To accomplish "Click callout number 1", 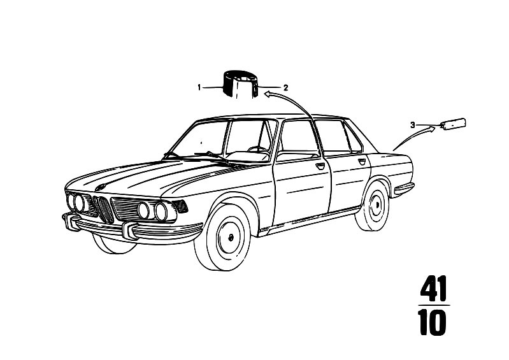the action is [199, 87].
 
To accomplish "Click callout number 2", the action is [285, 87].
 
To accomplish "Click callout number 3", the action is [413, 125].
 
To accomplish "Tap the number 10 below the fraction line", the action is [433, 322].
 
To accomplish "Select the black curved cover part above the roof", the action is [240, 83].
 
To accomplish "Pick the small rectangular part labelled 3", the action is [453, 124].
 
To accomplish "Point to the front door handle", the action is [320, 166].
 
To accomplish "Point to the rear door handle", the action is [362, 161].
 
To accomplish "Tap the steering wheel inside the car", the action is [259, 150].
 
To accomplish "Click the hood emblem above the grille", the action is [101, 186].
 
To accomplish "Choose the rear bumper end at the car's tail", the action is [403, 189].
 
